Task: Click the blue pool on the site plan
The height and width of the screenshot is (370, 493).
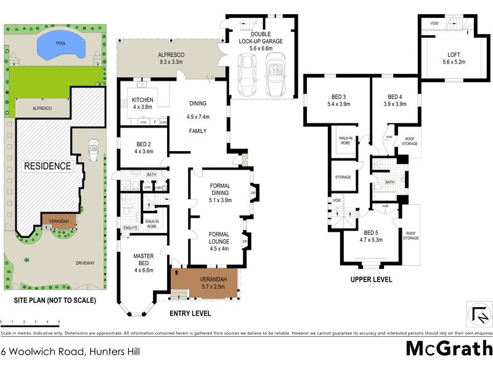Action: [60, 44]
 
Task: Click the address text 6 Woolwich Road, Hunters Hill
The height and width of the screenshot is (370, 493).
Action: [72, 351]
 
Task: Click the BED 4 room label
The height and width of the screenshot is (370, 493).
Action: [394, 97]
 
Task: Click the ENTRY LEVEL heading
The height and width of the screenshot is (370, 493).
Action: [190, 314]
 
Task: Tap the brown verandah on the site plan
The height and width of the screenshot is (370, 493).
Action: [59, 220]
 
